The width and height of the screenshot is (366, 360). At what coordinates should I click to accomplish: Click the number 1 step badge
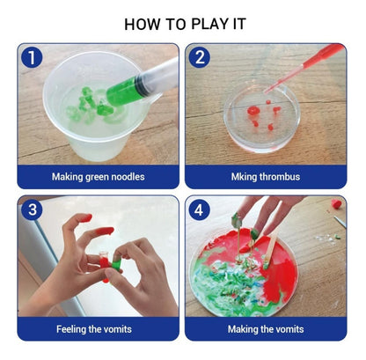click(32, 57)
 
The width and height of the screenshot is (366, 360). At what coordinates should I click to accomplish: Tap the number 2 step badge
click(200, 57)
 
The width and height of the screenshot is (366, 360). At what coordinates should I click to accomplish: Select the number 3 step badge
click(32, 209)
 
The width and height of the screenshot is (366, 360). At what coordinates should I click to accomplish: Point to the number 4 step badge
click(199, 209)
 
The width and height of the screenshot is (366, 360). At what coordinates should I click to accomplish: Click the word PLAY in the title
click(209, 24)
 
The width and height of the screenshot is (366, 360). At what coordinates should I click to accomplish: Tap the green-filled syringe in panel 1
click(143, 84)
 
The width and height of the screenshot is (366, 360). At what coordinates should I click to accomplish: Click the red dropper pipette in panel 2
click(304, 68)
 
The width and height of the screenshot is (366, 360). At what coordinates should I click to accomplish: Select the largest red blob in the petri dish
click(253, 110)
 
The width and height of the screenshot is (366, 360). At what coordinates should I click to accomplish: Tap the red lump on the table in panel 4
click(337, 203)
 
